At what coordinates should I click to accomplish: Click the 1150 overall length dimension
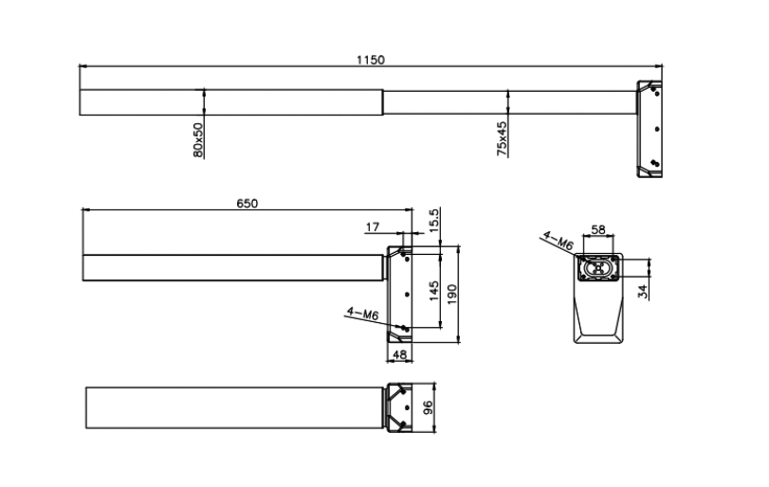(370, 59)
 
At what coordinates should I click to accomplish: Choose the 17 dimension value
(371, 226)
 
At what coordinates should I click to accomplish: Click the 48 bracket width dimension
(398, 354)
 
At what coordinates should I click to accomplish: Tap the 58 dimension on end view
(598, 229)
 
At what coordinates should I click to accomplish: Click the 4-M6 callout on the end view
(558, 241)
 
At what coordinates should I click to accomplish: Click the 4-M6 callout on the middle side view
(362, 312)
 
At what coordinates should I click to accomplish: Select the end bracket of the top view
(649, 128)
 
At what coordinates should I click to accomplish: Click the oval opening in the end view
(598, 268)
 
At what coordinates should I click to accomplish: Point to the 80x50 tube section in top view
(230, 101)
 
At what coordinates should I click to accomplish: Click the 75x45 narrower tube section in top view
(508, 101)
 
